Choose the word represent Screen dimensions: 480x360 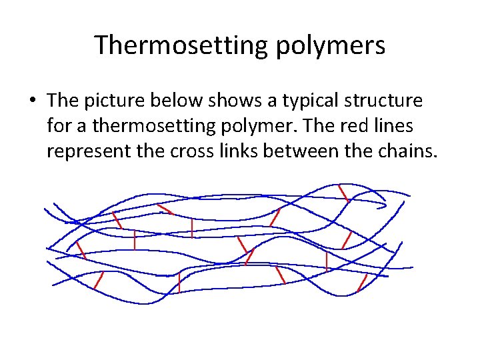(86, 152)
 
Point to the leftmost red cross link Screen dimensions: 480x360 (81, 250)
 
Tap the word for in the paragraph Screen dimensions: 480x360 (59, 126)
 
